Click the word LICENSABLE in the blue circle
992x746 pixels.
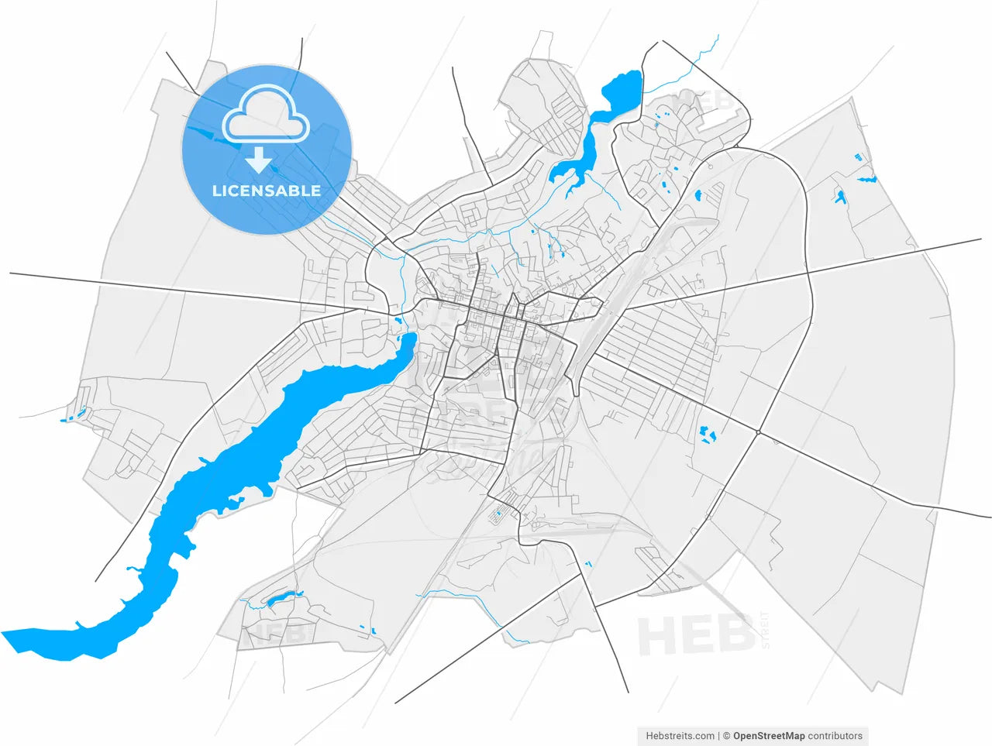[x=267, y=191]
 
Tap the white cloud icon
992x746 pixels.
[x=266, y=116]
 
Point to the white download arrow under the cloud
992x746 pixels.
[x=259, y=160]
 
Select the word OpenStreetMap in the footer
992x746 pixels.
[x=768, y=736]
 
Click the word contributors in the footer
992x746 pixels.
[x=835, y=736]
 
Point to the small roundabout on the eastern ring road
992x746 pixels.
[x=757, y=431]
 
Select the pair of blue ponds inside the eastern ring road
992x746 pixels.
[x=707, y=435]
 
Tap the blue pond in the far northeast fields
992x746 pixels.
[x=839, y=197]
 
